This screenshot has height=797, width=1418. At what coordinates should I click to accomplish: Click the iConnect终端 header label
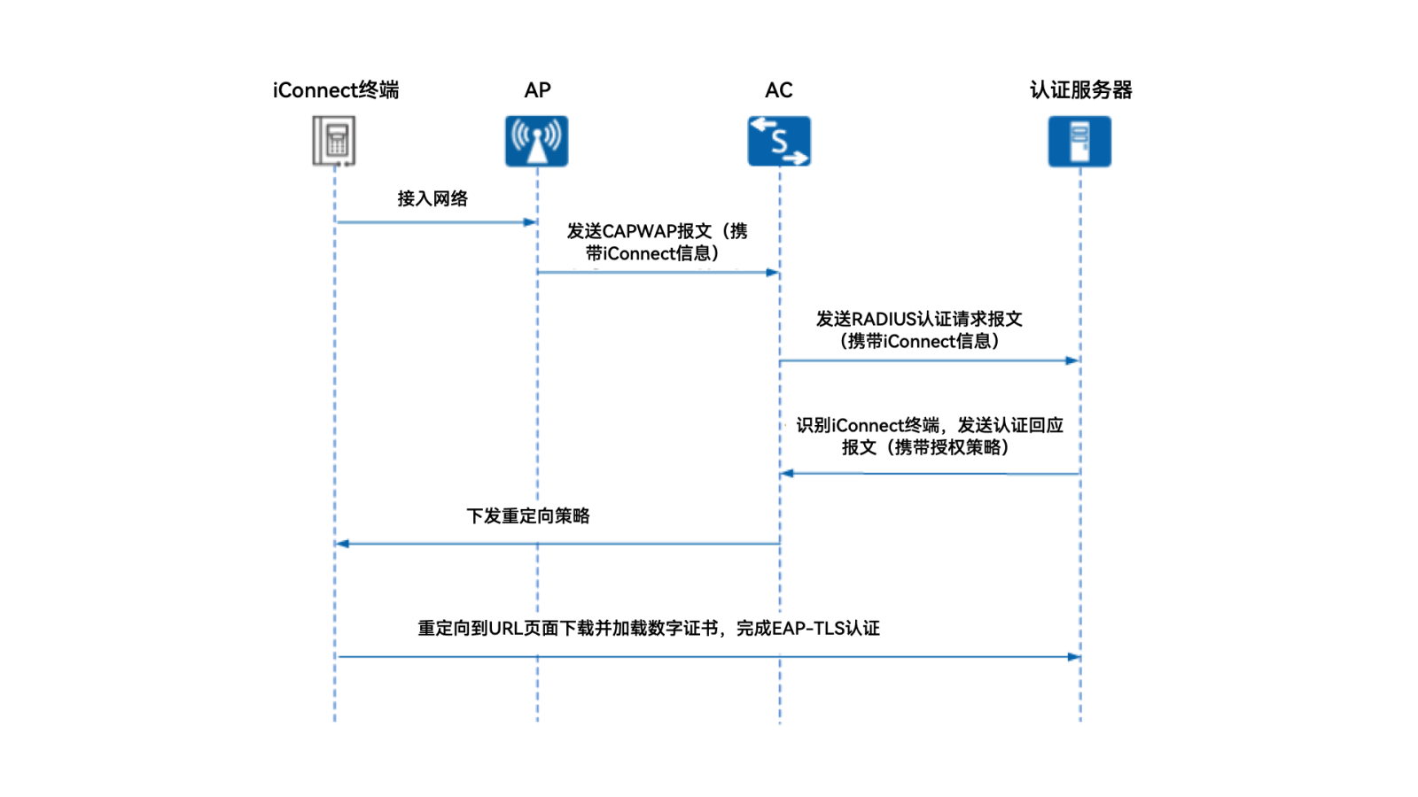(335, 90)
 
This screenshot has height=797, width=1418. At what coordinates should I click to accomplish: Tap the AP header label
(537, 90)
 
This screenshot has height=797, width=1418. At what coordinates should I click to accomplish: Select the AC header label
(778, 90)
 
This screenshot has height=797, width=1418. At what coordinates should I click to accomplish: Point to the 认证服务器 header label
(1080, 90)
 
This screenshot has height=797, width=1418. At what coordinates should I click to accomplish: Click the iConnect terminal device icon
(334, 141)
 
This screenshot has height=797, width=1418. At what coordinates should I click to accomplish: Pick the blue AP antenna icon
(537, 141)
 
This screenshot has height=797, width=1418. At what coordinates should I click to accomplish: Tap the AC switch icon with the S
(779, 141)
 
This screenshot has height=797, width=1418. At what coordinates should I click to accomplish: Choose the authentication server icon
(1079, 141)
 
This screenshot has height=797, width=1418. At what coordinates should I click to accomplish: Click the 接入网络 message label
(432, 198)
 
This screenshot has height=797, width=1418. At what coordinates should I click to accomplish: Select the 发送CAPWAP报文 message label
(657, 242)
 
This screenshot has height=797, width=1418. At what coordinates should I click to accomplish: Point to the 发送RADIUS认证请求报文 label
(919, 329)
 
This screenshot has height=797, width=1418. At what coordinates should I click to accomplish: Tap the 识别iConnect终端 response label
(928, 436)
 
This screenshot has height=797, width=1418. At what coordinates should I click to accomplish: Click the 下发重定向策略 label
(528, 515)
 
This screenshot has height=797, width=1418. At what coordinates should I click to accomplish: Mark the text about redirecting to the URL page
(649, 628)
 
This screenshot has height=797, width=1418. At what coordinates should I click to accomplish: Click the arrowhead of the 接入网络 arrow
(531, 222)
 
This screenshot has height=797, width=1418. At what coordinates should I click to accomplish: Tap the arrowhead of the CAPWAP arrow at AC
(773, 273)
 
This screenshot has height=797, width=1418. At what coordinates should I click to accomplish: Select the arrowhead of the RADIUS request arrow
(1072, 360)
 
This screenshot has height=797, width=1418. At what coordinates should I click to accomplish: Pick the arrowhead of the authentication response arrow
(787, 473)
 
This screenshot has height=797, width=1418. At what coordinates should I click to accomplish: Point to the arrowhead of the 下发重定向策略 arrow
(343, 544)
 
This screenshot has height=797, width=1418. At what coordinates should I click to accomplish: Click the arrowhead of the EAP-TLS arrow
(1073, 657)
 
